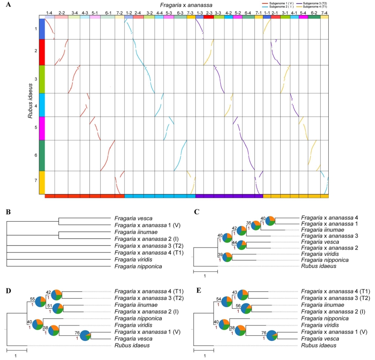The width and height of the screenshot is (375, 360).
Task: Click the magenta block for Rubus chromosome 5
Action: pyautogui.click(x=42, y=128)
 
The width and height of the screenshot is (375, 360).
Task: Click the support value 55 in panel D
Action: pyautogui.click(x=32, y=299)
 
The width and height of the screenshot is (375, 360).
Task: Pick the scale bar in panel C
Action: pyautogui.click(x=205, y=272)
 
